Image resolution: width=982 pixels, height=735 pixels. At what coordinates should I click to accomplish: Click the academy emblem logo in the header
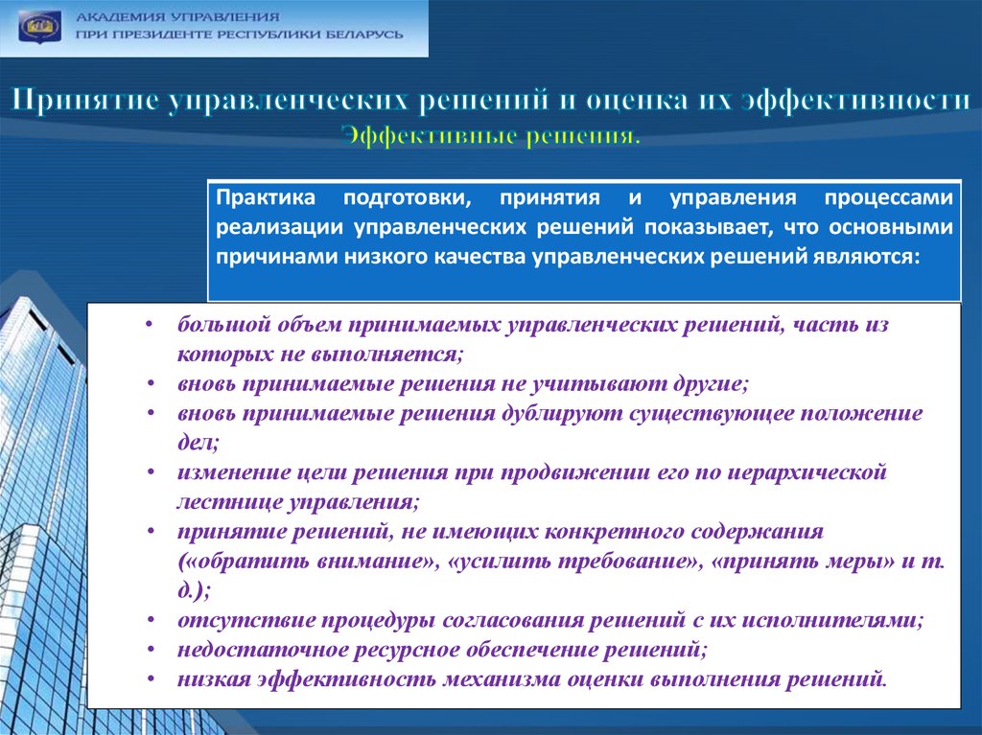tap(39, 27)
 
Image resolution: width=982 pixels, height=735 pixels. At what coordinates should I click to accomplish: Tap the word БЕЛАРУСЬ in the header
tap(363, 34)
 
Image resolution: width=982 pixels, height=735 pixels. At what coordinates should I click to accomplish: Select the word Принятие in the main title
tap(85, 101)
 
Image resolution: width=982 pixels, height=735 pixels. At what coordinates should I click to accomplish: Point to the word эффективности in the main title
tap(855, 101)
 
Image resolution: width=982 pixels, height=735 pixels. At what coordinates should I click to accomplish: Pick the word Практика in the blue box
tap(266, 197)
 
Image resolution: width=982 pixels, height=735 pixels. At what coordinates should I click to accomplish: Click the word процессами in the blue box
tap(889, 198)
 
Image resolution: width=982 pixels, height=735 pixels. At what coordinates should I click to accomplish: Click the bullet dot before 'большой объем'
tap(149, 325)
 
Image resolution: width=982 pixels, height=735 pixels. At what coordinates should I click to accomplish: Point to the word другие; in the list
tap(711, 383)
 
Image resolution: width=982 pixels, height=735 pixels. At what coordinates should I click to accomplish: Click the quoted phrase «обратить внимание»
tap(310, 561)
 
